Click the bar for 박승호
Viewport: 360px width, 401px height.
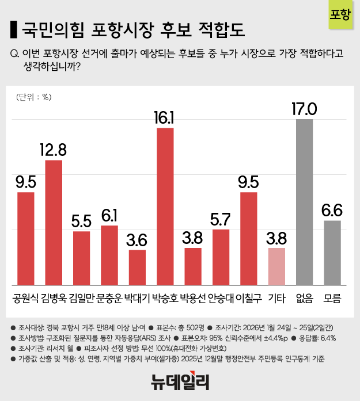[x=165, y=206]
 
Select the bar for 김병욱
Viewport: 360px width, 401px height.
[x=54, y=222]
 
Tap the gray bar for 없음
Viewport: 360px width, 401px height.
[x=304, y=201]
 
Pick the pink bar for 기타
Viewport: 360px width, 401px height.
[x=276, y=266]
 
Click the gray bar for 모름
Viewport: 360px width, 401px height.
[x=332, y=252]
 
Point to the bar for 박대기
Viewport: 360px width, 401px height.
[x=137, y=267]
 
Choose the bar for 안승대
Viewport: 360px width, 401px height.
[x=221, y=257]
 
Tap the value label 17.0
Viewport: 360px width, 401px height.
[x=304, y=108]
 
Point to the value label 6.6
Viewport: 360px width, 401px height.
[x=332, y=211]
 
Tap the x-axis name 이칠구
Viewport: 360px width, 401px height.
[x=249, y=299]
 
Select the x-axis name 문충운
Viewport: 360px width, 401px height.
[x=109, y=299]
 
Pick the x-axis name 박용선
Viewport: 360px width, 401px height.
[x=193, y=299]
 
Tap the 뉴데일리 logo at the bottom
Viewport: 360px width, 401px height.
[x=180, y=381]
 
